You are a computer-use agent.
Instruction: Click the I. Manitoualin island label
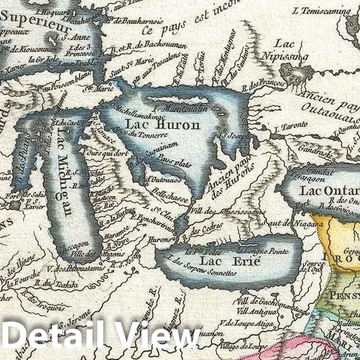(x=180, y=109)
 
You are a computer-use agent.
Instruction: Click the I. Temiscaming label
(x=321, y=10)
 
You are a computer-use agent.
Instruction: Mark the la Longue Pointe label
(x=258, y=248)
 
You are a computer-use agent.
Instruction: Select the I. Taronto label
(x=287, y=129)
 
